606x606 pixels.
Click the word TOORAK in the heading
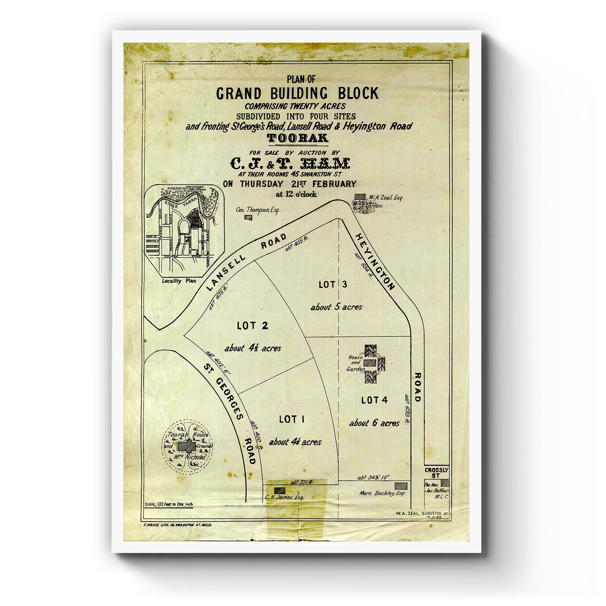coord(297,138)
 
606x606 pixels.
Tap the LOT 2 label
coord(253,325)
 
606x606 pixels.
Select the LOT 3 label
coord(333,284)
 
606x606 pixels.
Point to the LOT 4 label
coord(374,400)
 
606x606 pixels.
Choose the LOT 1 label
coord(292,419)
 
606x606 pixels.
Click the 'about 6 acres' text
coord(374,423)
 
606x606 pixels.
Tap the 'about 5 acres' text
coord(336,307)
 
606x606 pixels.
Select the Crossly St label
coord(436,473)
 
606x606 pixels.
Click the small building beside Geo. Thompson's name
coord(248,217)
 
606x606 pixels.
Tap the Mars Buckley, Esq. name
coord(382,494)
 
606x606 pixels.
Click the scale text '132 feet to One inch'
coord(169,504)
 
